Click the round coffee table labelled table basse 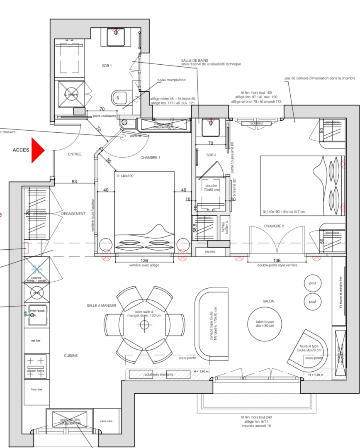[x=265, y=323]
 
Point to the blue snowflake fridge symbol [x=37, y=270]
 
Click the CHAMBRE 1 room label [x=150, y=158]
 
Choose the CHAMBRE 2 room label [x=274, y=226]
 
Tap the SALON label [x=268, y=302]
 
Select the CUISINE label [x=71, y=355]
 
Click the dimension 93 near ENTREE [x=74, y=181]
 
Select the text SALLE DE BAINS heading [x=194, y=61]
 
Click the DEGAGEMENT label [x=73, y=214]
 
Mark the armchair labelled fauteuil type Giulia [x=314, y=348]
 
